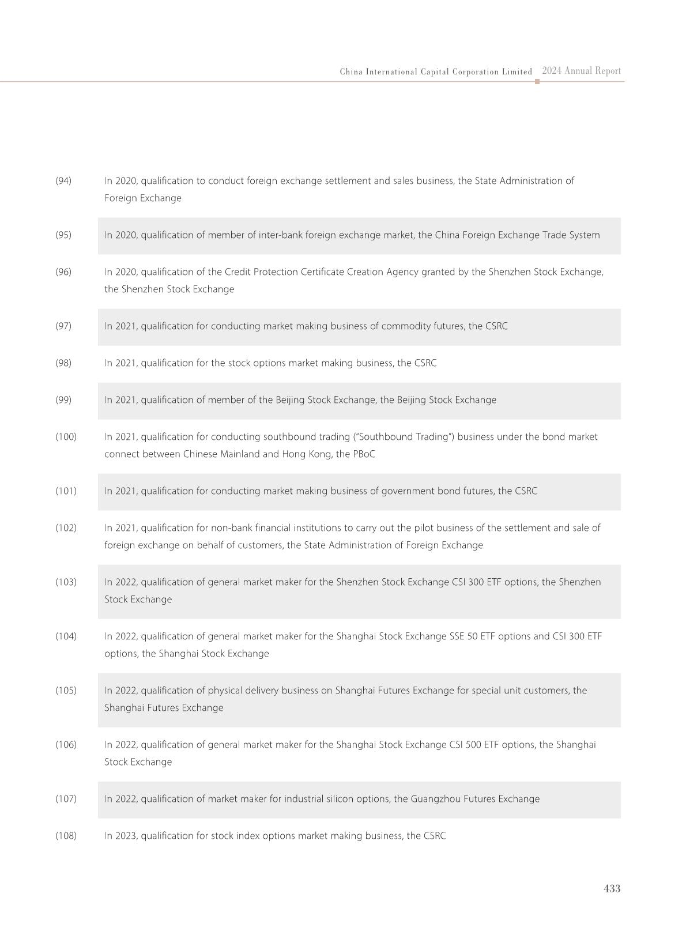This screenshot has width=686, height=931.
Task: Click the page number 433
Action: pyautogui.click(x=612, y=888)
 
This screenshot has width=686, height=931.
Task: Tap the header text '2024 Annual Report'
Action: pyautogui.click(x=581, y=71)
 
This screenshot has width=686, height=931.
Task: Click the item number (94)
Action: pyautogui.click(x=63, y=181)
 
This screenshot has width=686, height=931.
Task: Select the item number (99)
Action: pyautogui.click(x=63, y=400)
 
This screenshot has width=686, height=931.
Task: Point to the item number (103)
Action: pyautogui.click(x=66, y=582)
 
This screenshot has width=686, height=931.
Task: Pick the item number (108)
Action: pyautogui.click(x=66, y=836)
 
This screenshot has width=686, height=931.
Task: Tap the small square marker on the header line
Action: pyautogui.click(x=537, y=82)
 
